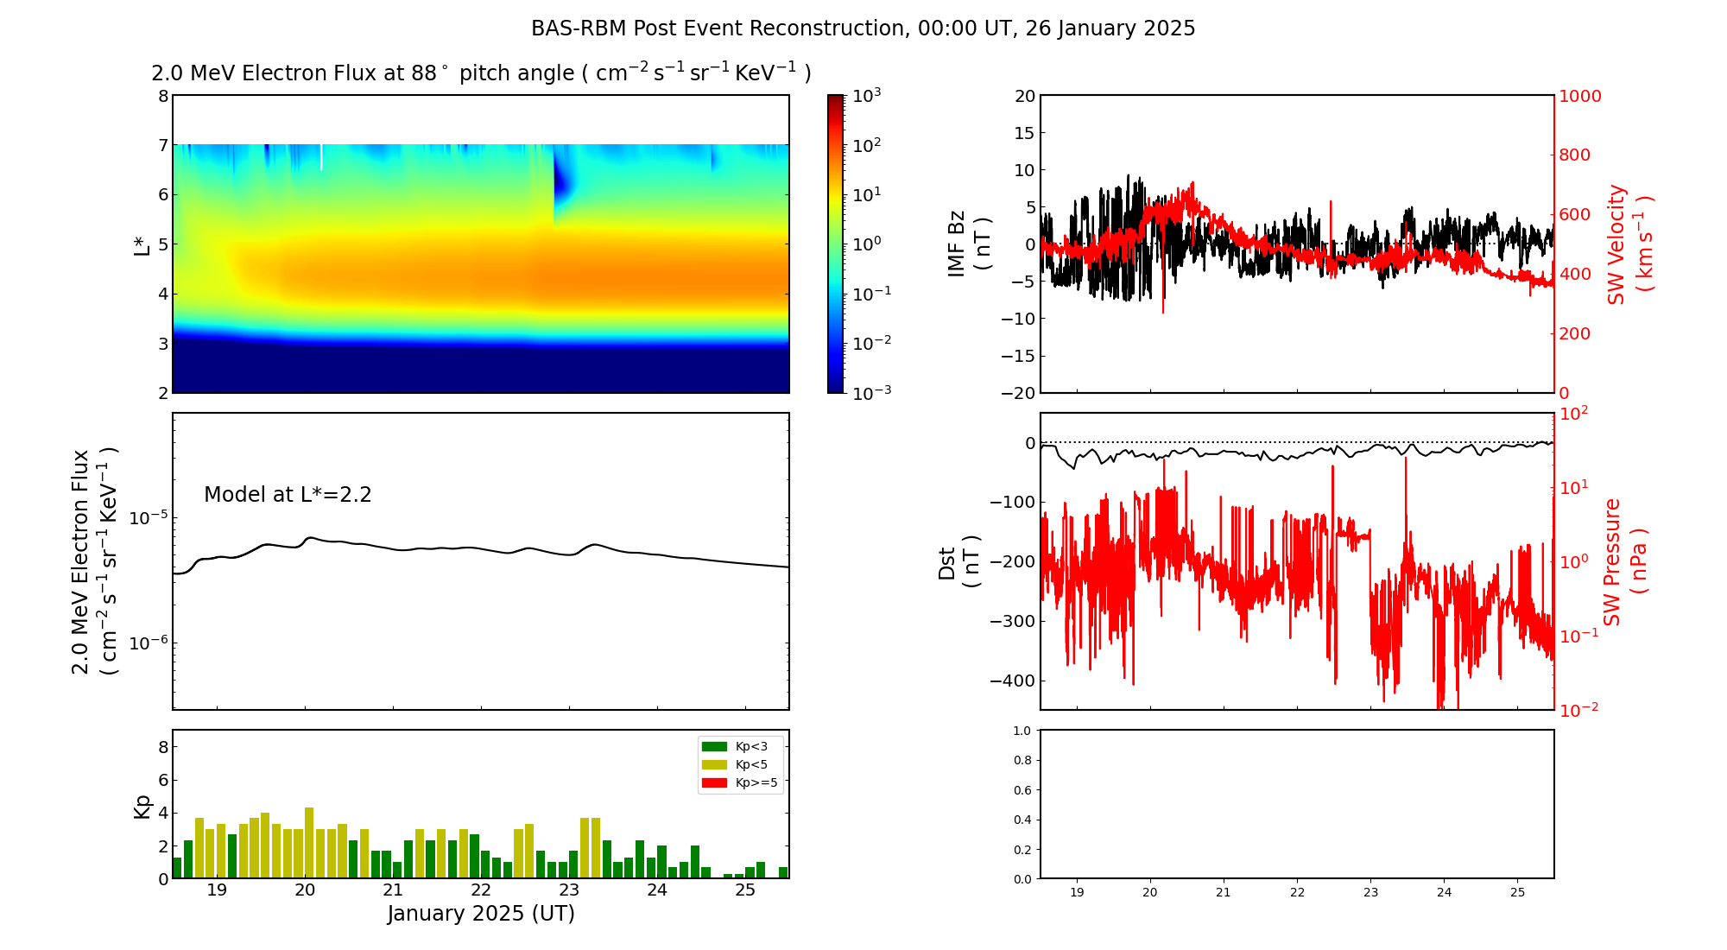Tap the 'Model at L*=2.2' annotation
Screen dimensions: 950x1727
click(288, 495)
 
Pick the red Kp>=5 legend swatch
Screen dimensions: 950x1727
click(714, 783)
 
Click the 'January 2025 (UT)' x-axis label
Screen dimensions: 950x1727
click(481, 914)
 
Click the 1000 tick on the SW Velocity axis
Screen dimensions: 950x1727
click(1579, 96)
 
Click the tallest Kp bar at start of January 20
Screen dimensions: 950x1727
click(309, 842)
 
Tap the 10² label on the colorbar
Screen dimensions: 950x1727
click(866, 144)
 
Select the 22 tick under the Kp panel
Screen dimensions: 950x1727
click(481, 890)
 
